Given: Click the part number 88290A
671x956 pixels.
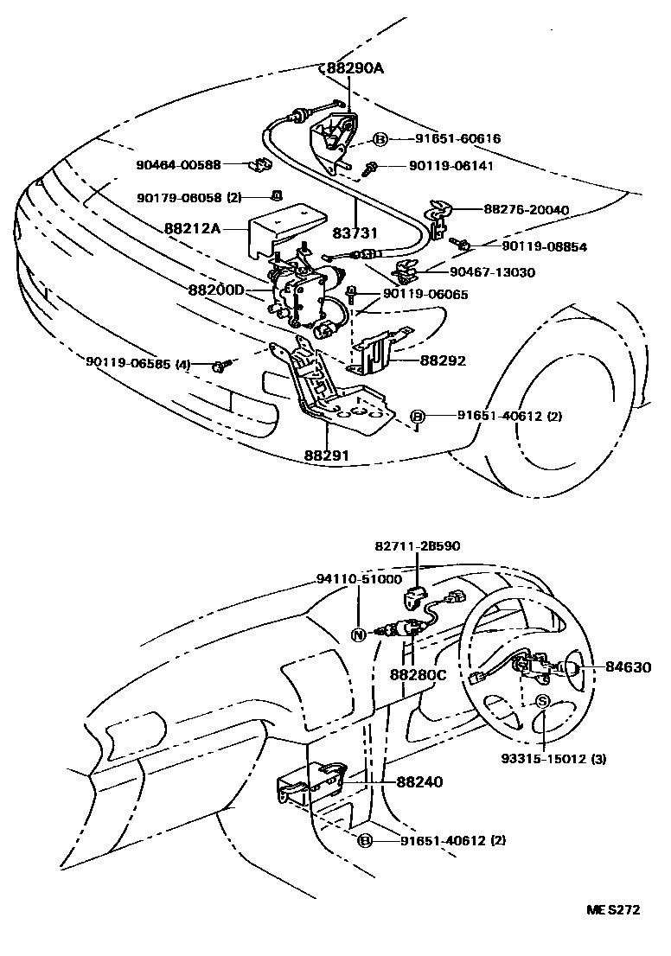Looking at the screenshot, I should coord(353,69).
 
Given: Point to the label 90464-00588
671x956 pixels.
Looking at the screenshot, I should coord(178,164).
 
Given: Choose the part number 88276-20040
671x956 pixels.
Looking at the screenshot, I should coord(526,209).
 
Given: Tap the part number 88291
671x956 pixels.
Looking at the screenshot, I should coord(328,453).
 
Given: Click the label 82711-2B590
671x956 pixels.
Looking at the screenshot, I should coord(418,546).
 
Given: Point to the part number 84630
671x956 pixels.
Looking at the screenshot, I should coord(628,667).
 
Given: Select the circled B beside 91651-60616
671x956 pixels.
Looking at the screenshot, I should coord(380,138).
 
